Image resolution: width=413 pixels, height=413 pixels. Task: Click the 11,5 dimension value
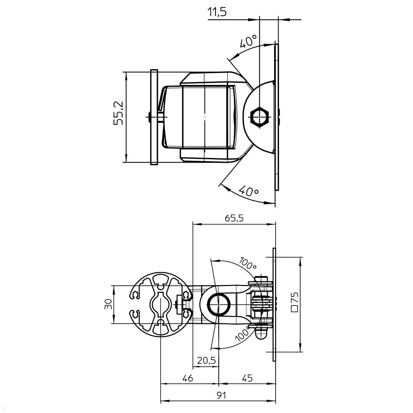(217, 12)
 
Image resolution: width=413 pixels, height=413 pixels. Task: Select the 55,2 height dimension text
(119, 113)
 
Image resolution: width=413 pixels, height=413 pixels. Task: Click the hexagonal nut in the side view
(260, 117)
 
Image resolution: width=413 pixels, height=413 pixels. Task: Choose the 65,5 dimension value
(234, 218)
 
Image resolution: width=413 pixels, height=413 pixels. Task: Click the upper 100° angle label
(248, 263)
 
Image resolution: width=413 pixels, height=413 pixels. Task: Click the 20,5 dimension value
(206, 360)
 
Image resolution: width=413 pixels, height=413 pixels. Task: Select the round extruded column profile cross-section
(161, 304)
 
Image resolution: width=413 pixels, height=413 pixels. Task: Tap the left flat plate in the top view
(154, 117)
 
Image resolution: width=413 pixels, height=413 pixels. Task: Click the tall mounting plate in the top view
(276, 117)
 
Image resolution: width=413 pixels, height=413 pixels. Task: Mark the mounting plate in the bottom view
(274, 304)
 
